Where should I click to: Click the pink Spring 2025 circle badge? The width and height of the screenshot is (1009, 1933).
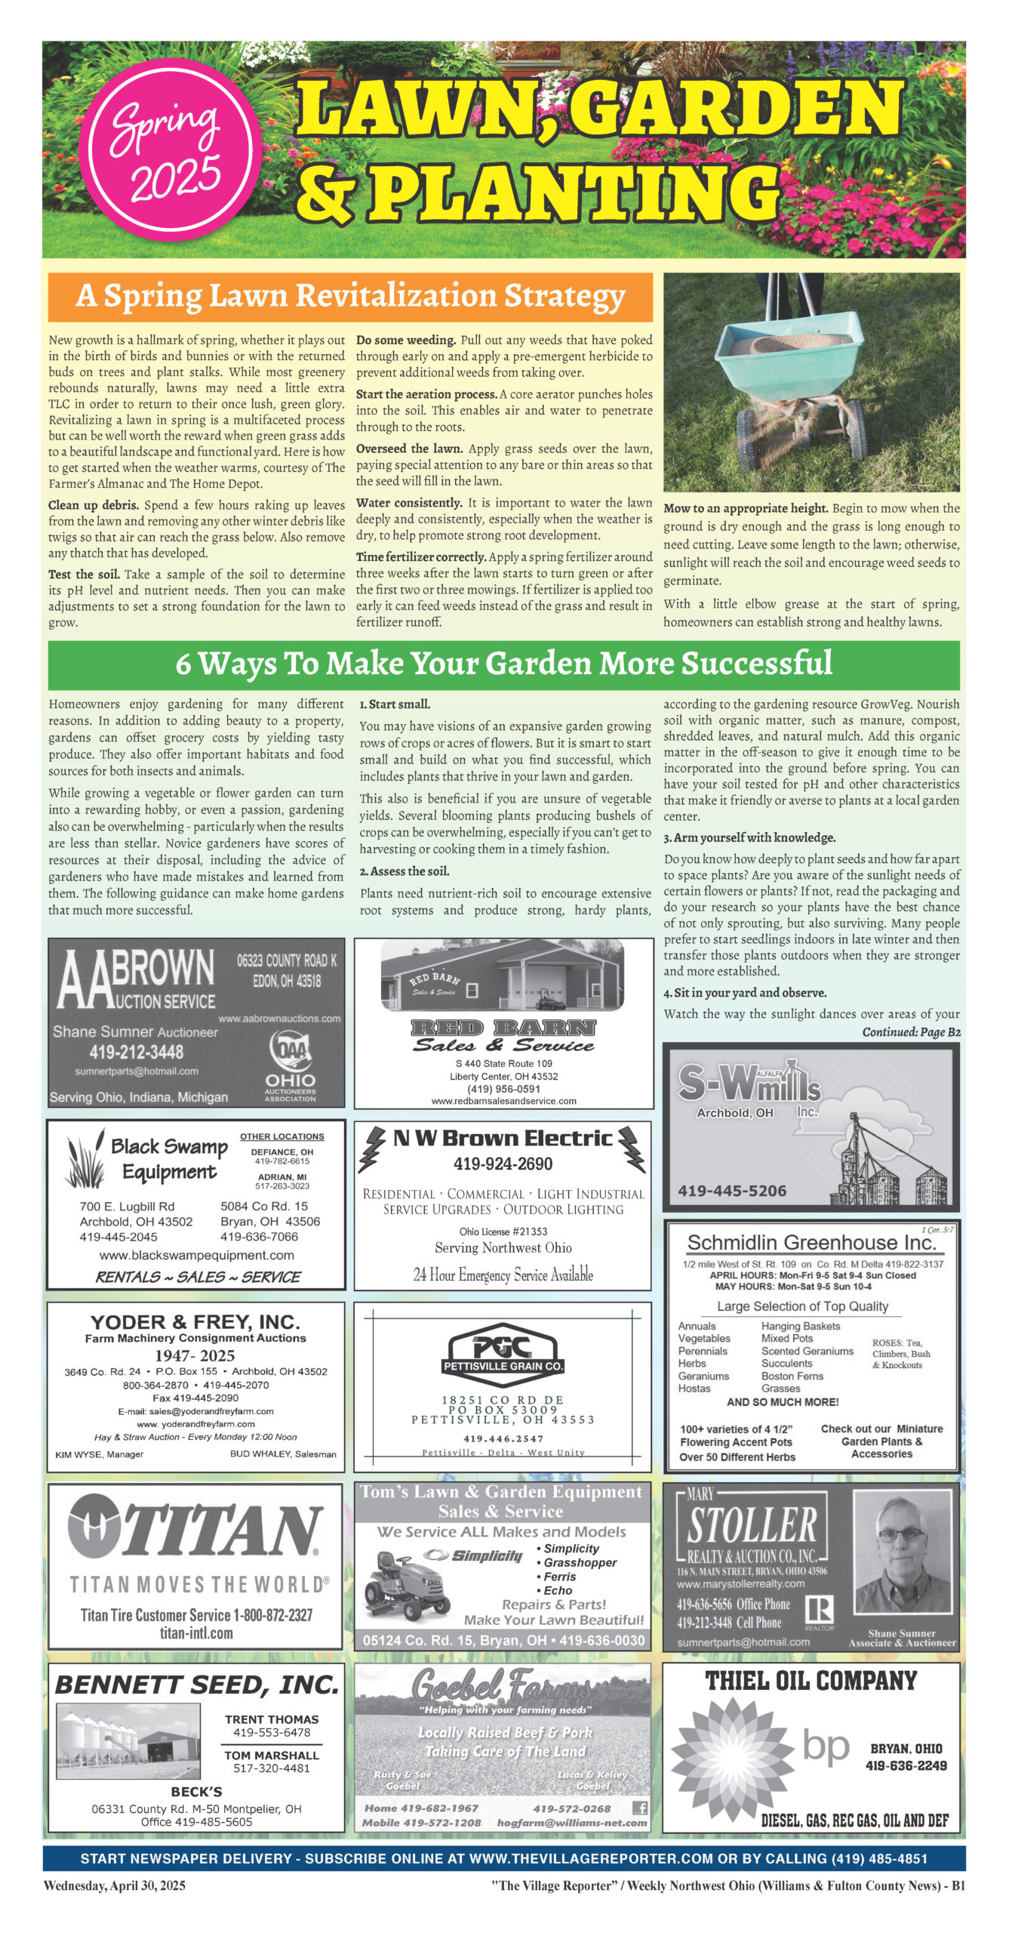pyautogui.click(x=170, y=150)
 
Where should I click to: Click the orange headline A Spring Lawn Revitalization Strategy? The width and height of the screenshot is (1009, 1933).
pyautogui.click(x=350, y=297)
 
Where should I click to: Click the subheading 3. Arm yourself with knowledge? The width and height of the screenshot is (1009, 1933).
pyautogui.click(x=749, y=837)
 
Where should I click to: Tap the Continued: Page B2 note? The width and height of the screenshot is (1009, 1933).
pyautogui.click(x=911, y=1032)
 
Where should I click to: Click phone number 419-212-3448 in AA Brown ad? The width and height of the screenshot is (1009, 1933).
pyautogui.click(x=136, y=1052)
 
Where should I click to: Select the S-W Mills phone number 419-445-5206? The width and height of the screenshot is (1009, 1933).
pyautogui.click(x=731, y=1191)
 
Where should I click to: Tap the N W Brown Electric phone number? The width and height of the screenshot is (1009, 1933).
pyautogui.click(x=503, y=1164)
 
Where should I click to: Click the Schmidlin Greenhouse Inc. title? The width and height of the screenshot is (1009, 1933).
pyautogui.click(x=811, y=1243)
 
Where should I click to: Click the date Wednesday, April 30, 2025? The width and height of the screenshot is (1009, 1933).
pyautogui.click(x=114, y=1885)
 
